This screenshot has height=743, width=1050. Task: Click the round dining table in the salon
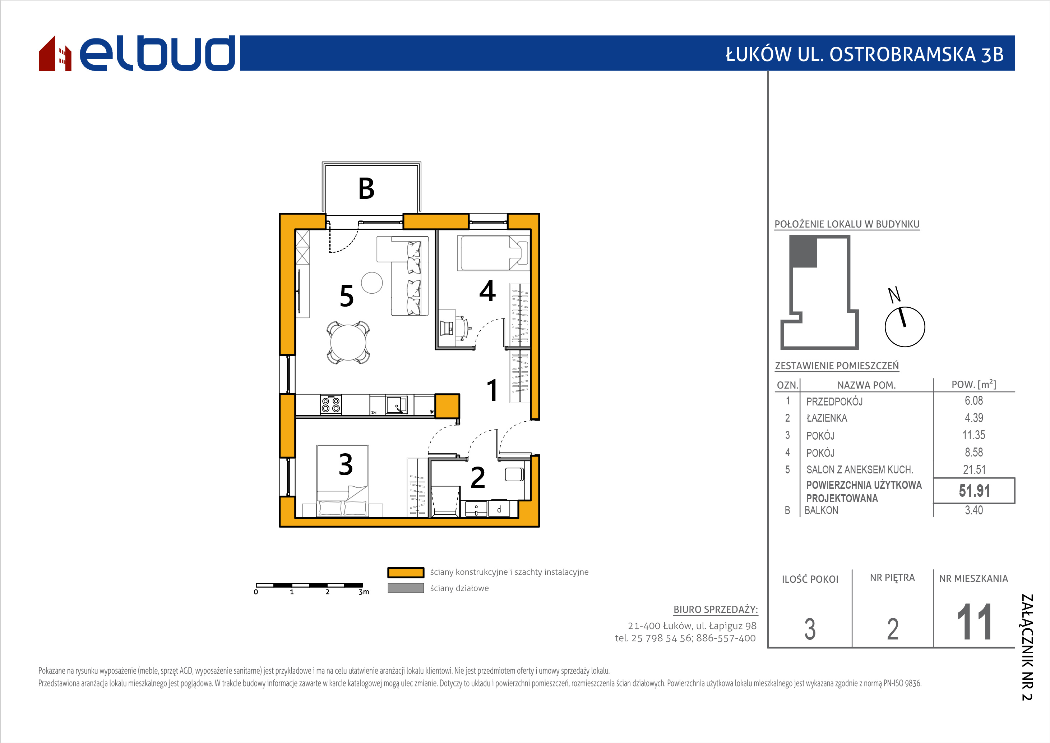(x=348, y=342)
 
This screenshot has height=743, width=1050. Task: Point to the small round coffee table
(x=372, y=283)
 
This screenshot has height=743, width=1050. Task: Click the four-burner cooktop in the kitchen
(x=330, y=405)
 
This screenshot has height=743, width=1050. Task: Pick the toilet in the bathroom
(x=514, y=474)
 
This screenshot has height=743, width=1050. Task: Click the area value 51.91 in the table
(x=974, y=491)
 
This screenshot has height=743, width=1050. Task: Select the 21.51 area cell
(x=974, y=469)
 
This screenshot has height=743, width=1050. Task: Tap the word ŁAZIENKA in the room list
(x=826, y=418)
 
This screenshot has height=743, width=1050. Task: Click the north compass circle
(x=905, y=327)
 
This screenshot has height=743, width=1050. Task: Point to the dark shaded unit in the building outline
(x=804, y=252)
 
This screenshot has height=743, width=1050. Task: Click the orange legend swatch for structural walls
(x=406, y=572)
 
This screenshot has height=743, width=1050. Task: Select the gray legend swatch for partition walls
(x=406, y=588)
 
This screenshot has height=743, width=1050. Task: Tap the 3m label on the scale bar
(x=364, y=592)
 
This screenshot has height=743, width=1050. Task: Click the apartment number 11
(x=974, y=622)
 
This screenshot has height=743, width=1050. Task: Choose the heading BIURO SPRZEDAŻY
(x=716, y=609)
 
